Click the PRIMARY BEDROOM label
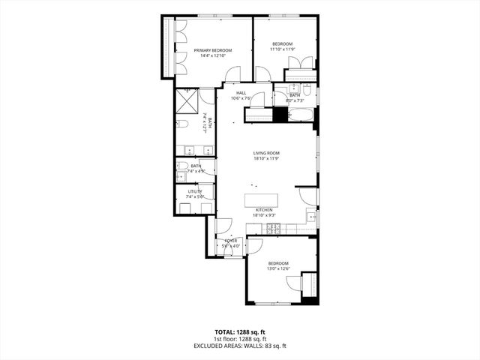click(213, 50)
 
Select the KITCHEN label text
click(264, 210)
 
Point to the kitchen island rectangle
click(262, 200)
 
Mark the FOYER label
click(230, 241)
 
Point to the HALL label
click(240, 93)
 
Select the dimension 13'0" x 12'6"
click(279, 268)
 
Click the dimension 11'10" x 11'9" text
click(282, 49)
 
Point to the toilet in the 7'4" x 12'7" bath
click(182, 124)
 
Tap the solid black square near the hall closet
click(280, 114)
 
